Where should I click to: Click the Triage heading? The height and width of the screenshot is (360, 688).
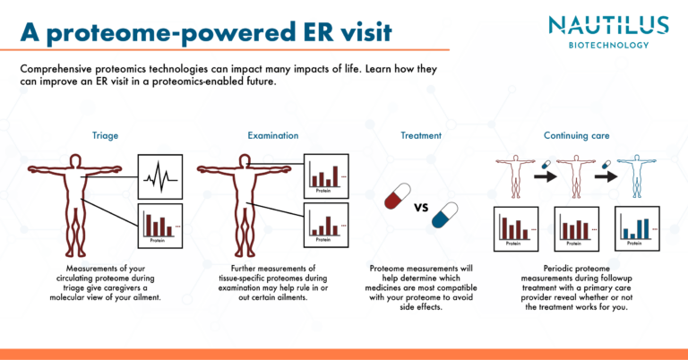tap(105, 136)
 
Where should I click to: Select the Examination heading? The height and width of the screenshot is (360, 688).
tap(272, 136)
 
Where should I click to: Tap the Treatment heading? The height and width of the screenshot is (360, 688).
tap(420, 136)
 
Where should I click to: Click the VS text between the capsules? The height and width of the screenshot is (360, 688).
tap(420, 209)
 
